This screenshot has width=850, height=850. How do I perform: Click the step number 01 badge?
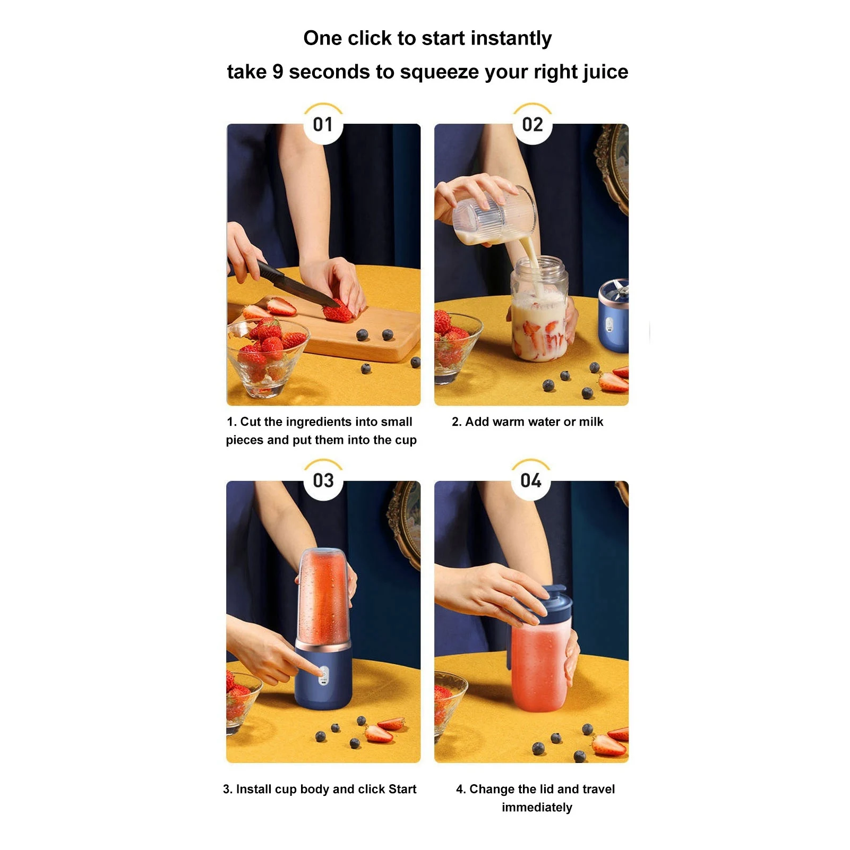[x=323, y=124]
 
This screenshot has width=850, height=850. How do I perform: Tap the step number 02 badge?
[x=532, y=124]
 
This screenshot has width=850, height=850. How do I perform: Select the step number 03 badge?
[x=323, y=480]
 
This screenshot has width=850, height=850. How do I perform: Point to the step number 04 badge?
[x=530, y=480]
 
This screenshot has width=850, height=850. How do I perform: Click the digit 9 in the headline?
[x=277, y=72]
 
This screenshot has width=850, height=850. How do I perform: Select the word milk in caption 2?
[x=591, y=422]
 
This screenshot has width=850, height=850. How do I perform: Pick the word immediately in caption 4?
[x=537, y=807]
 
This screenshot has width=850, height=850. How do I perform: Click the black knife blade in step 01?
[x=303, y=287]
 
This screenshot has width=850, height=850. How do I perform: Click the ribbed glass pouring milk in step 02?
[x=494, y=215]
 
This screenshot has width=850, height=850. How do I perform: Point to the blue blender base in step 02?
[x=614, y=319]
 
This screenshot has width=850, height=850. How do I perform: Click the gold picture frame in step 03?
[x=406, y=523]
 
